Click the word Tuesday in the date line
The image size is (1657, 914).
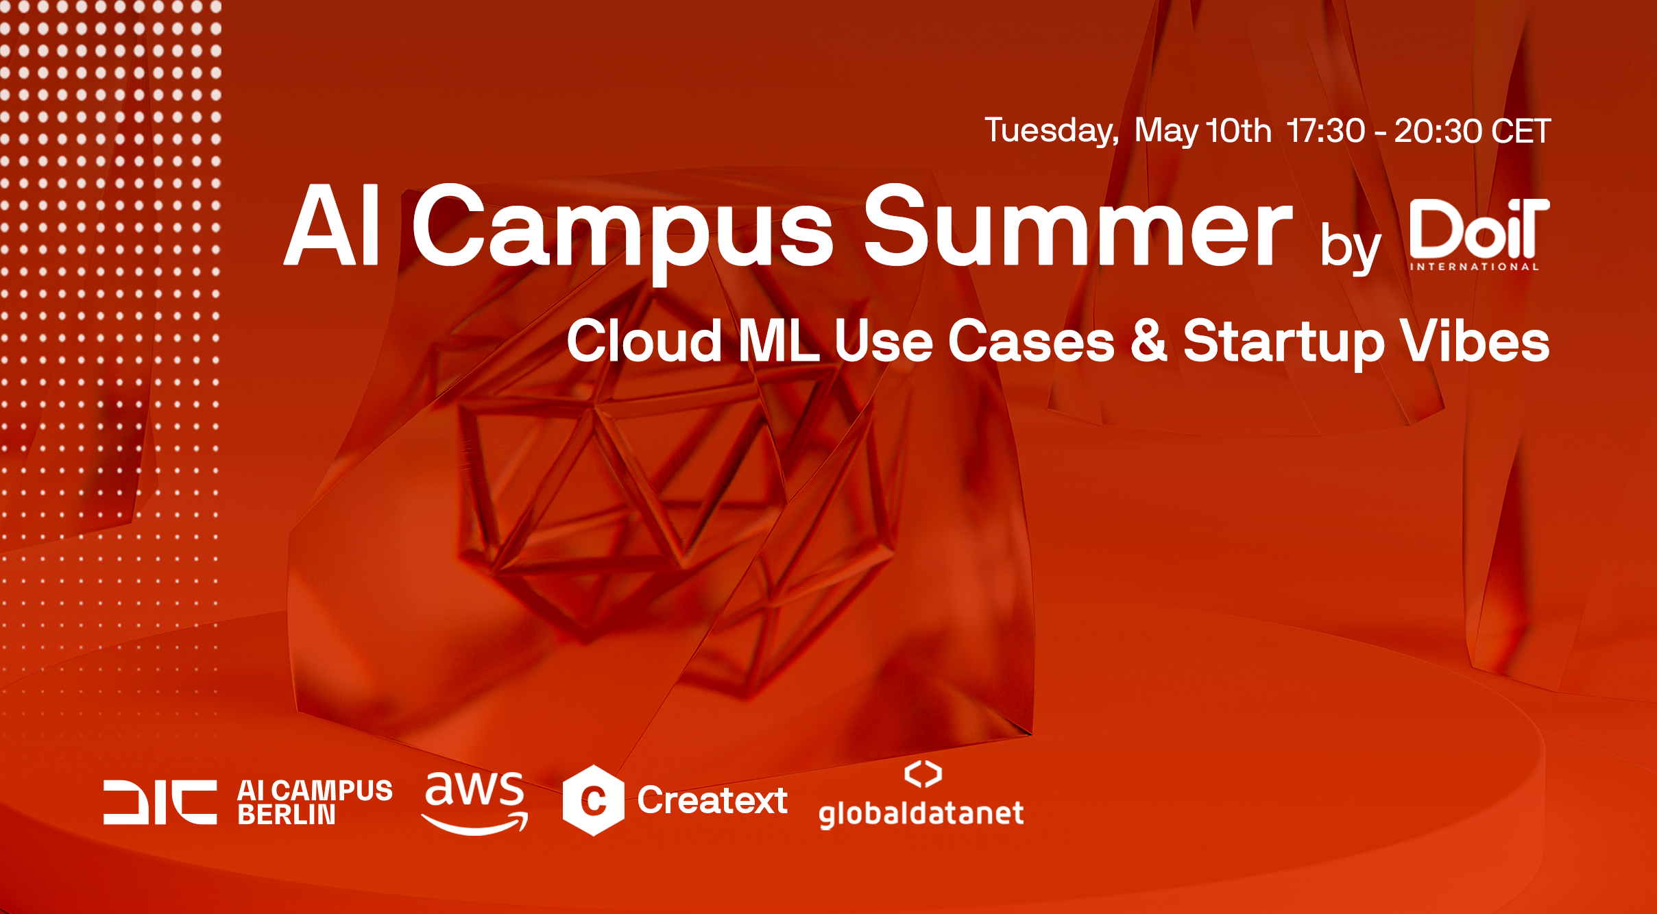click(x=1052, y=131)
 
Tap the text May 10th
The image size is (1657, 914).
click(x=1203, y=131)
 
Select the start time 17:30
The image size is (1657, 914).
click(x=1326, y=131)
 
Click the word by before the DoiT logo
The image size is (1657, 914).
click(x=1351, y=247)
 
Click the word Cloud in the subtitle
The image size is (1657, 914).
click(x=644, y=341)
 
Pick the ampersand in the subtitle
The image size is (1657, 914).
click(x=1149, y=341)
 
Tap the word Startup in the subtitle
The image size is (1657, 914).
click(x=1283, y=343)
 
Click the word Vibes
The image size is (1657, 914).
click(x=1475, y=341)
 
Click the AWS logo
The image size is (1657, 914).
click(x=474, y=802)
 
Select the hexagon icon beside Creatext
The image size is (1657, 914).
click(x=594, y=800)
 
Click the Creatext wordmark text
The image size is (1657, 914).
click(x=712, y=800)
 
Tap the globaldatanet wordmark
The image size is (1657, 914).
click(x=921, y=814)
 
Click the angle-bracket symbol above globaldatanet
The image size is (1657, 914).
click(x=923, y=774)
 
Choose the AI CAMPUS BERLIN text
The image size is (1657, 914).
click(x=315, y=802)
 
